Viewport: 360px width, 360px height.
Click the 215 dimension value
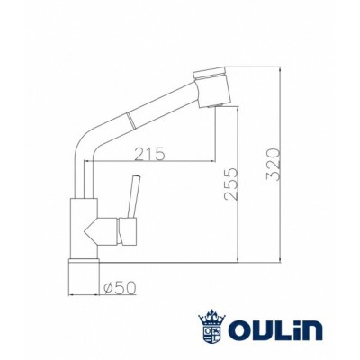(149, 153)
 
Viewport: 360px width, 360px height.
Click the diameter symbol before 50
(107, 287)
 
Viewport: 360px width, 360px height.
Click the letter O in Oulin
(239, 330)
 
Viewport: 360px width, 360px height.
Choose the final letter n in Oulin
(310, 330)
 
